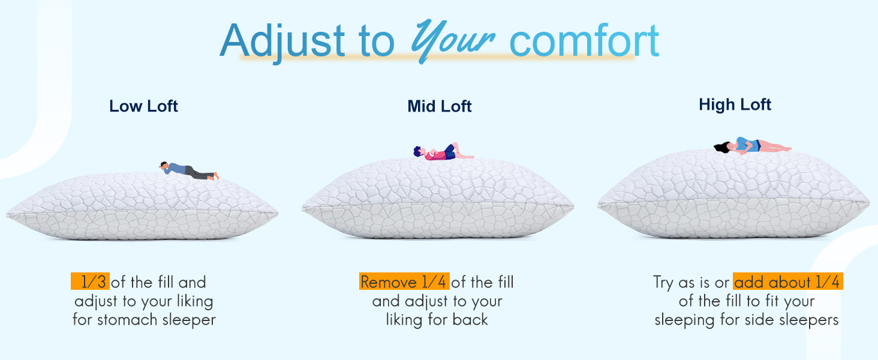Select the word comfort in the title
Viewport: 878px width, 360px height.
pyautogui.click(x=584, y=41)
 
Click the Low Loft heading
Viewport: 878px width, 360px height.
pyautogui.click(x=143, y=107)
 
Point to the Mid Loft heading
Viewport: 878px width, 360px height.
pyautogui.click(x=440, y=107)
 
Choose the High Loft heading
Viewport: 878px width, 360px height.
pyautogui.click(x=735, y=105)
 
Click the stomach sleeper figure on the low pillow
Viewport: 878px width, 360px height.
pyautogui.click(x=189, y=171)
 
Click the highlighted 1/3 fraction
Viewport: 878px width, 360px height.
pyautogui.click(x=92, y=282)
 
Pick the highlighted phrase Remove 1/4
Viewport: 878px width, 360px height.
pyautogui.click(x=404, y=282)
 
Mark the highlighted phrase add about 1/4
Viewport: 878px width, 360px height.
pyautogui.click(x=787, y=282)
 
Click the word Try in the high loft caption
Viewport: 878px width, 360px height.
pyautogui.click(x=664, y=283)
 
